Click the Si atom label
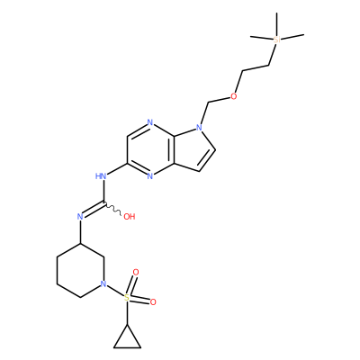pyautogui.click(x=276, y=40)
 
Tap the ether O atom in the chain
pyautogui.click(x=233, y=96)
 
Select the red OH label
pyautogui.click(x=130, y=217)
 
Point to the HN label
pyautogui.click(x=101, y=176)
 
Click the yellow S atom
pyautogui.click(x=127, y=297)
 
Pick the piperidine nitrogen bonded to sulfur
pyautogui.click(x=103, y=283)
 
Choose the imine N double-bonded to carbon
pyautogui.click(x=80, y=217)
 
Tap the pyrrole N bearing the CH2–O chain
pyautogui.click(x=199, y=127)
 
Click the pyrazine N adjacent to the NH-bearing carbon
pyautogui.click(x=150, y=176)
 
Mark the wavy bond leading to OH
pyautogui.click(x=112, y=209)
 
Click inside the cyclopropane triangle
pyautogui.click(x=127, y=340)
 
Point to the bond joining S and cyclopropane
pyautogui.click(x=127, y=313)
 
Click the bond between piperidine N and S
pyautogui.click(x=115, y=291)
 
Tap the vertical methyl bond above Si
pyautogui.click(x=276, y=24)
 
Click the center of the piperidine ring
pyautogui.click(x=80, y=270)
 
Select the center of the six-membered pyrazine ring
pyautogui.click(x=150, y=149)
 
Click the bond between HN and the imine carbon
pyautogui.click(x=103, y=191)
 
